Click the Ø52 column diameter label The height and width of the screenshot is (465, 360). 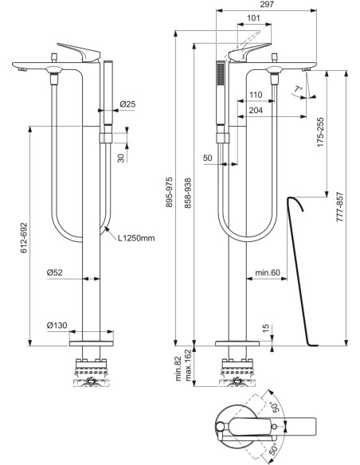[x=55, y=272]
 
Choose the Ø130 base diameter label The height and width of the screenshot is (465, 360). [x=57, y=325]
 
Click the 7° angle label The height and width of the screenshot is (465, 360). [x=298, y=88]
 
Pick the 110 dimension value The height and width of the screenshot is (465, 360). [x=256, y=95]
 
